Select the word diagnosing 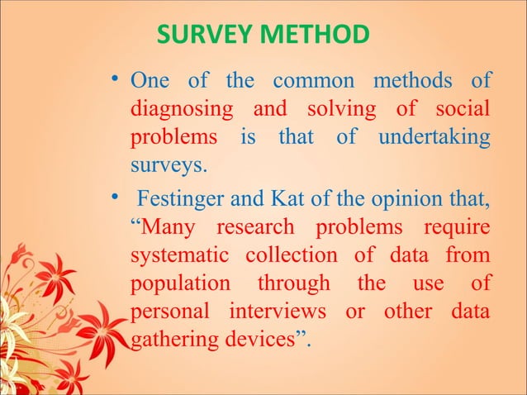point(177,110)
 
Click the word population point(181,283)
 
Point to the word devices point(263,340)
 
